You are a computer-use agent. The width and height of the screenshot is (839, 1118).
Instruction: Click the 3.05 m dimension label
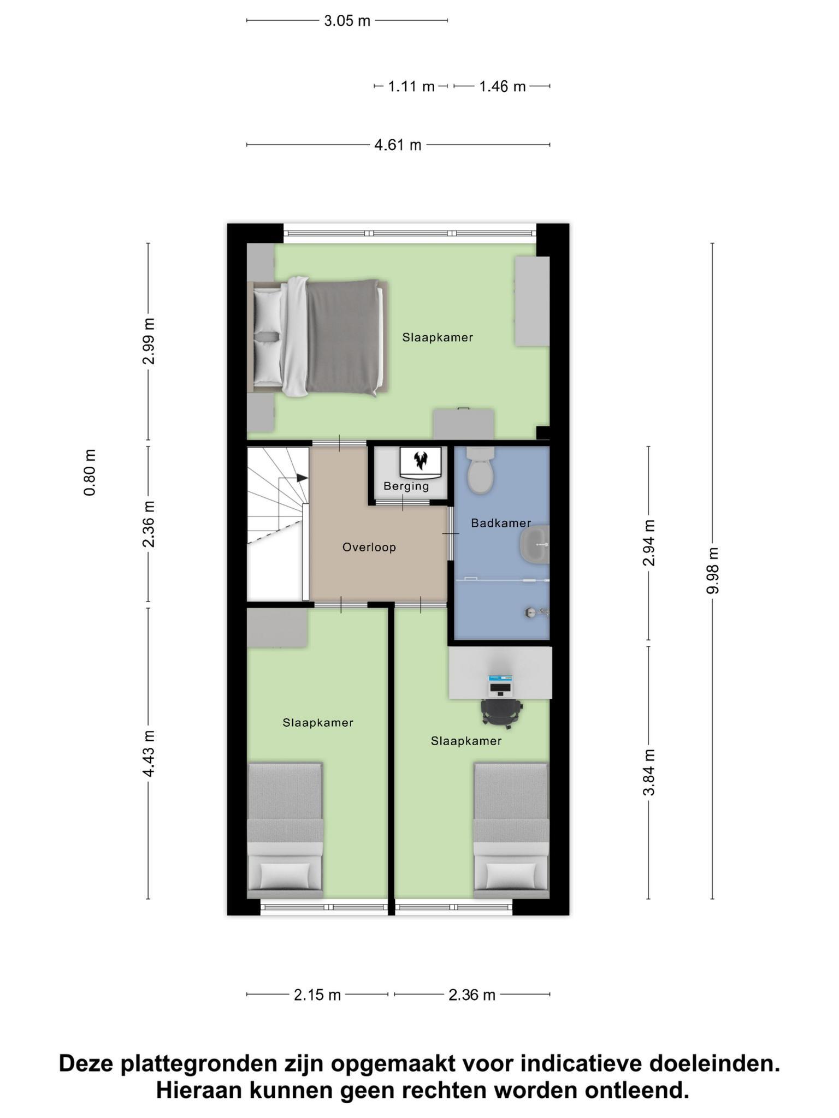(347, 21)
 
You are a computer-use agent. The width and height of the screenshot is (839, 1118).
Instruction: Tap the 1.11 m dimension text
(411, 86)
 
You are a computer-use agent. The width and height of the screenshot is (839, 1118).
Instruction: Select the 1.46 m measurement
(502, 86)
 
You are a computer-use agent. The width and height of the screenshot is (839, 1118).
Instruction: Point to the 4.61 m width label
(398, 145)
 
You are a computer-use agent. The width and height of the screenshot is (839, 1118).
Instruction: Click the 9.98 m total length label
(712, 570)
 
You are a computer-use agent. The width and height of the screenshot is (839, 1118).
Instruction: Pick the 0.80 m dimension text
(90, 473)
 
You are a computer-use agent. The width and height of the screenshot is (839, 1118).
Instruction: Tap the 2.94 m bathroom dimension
(648, 543)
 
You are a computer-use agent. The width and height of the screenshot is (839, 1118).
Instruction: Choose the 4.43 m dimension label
(148, 753)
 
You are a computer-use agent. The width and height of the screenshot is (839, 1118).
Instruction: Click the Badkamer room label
(501, 523)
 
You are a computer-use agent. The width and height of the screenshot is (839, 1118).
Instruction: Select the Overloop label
(369, 547)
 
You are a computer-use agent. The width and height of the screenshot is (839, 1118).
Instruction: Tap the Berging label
(406, 486)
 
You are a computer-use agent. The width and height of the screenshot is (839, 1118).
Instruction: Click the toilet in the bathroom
(481, 470)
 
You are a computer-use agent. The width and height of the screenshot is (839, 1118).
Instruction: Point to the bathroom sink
(535, 544)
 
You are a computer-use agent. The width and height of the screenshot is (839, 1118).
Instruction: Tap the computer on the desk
(500, 684)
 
